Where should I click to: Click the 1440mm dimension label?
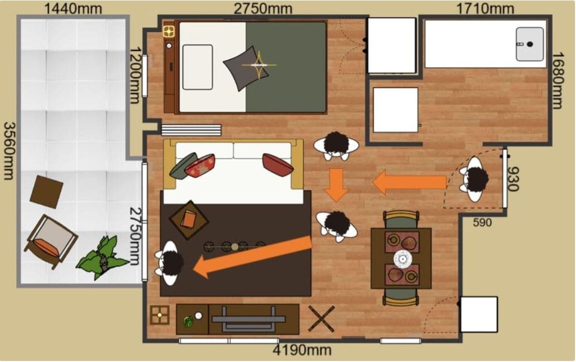(x=73, y=8)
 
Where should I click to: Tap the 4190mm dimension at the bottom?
(x=302, y=350)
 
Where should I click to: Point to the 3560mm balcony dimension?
(x=9, y=151)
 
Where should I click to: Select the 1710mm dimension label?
(x=485, y=8)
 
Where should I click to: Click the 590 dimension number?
(x=482, y=222)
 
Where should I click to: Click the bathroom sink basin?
(x=529, y=44)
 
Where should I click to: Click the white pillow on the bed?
(x=198, y=67)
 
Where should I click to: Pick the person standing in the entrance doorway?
(x=475, y=179)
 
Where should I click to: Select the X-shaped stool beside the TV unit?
(x=321, y=318)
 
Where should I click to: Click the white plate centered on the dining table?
(x=403, y=259)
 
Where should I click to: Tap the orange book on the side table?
(x=189, y=219)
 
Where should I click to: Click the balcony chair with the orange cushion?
(x=51, y=241)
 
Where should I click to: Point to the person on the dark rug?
(x=169, y=263)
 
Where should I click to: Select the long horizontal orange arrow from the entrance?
(x=409, y=182)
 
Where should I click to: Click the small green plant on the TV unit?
(x=188, y=322)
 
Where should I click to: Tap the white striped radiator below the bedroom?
(x=191, y=130)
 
